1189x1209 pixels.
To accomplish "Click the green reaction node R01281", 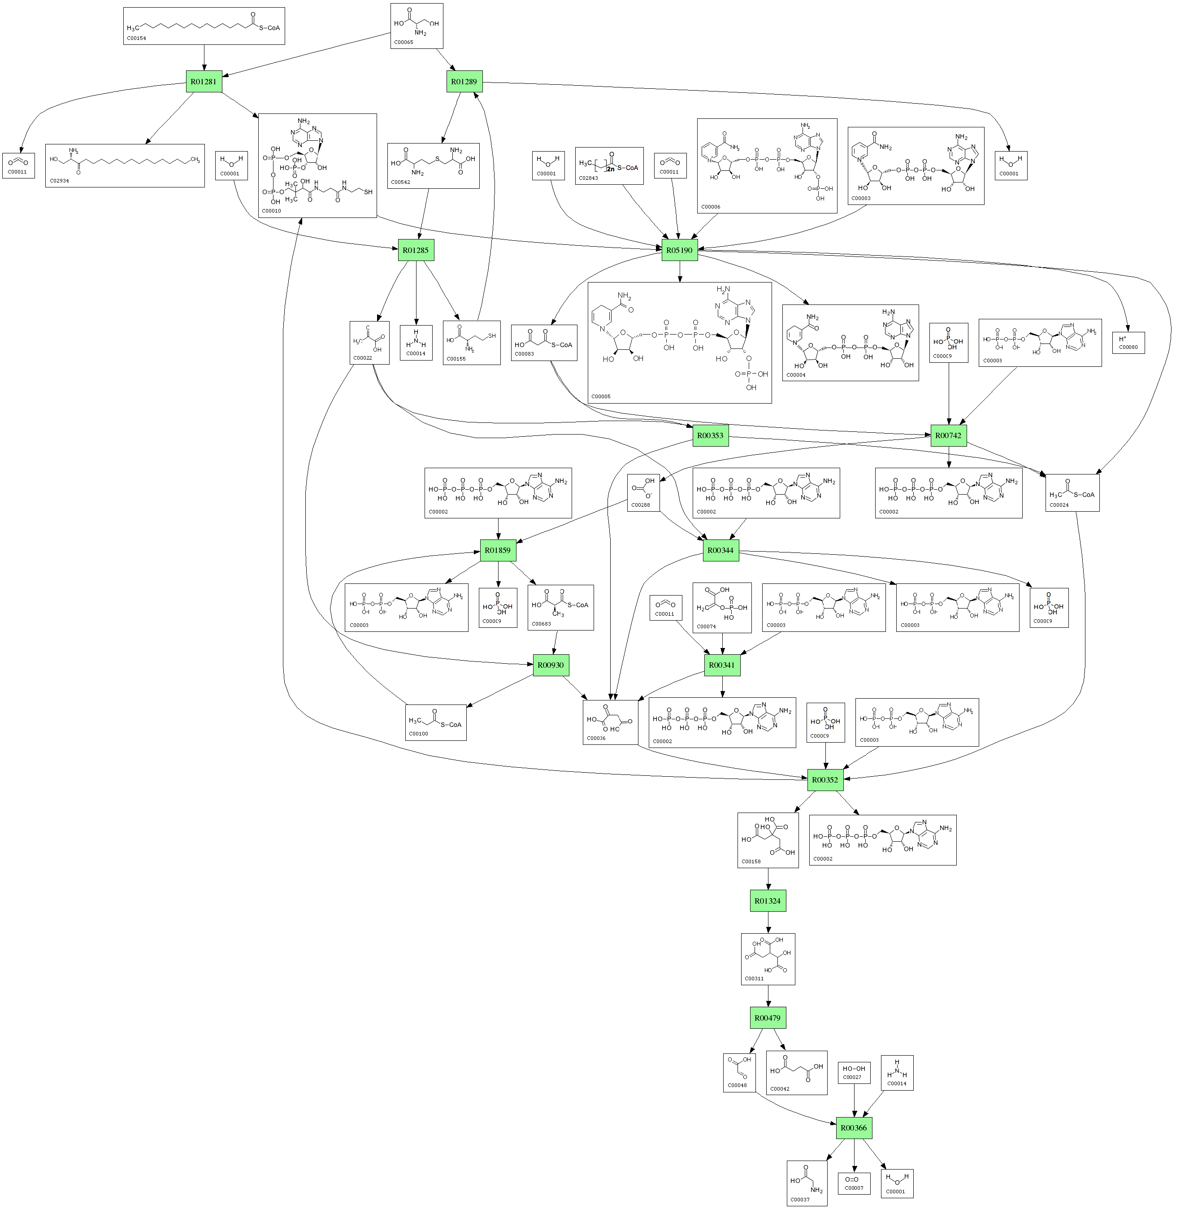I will [204, 81].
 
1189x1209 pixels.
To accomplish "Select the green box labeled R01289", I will [464, 81].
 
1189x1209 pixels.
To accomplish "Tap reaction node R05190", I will [679, 250].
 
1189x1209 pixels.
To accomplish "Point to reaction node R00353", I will [710, 435].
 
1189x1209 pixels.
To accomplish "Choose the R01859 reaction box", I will [497, 550].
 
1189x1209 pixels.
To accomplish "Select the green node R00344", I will [720, 550].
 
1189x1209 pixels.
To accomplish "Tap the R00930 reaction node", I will [550, 665].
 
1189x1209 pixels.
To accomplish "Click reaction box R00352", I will [824, 779].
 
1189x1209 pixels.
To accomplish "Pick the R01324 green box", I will [768, 900].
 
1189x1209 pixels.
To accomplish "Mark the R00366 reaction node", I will [853, 1128].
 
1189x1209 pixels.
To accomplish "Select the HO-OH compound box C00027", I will [853, 1073].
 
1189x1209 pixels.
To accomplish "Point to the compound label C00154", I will [136, 38].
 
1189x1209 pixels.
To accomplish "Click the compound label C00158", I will [751, 861].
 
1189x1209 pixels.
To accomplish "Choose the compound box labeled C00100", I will [435, 722].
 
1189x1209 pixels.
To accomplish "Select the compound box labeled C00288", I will [642, 493].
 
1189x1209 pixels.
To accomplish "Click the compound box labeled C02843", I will [608, 165].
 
